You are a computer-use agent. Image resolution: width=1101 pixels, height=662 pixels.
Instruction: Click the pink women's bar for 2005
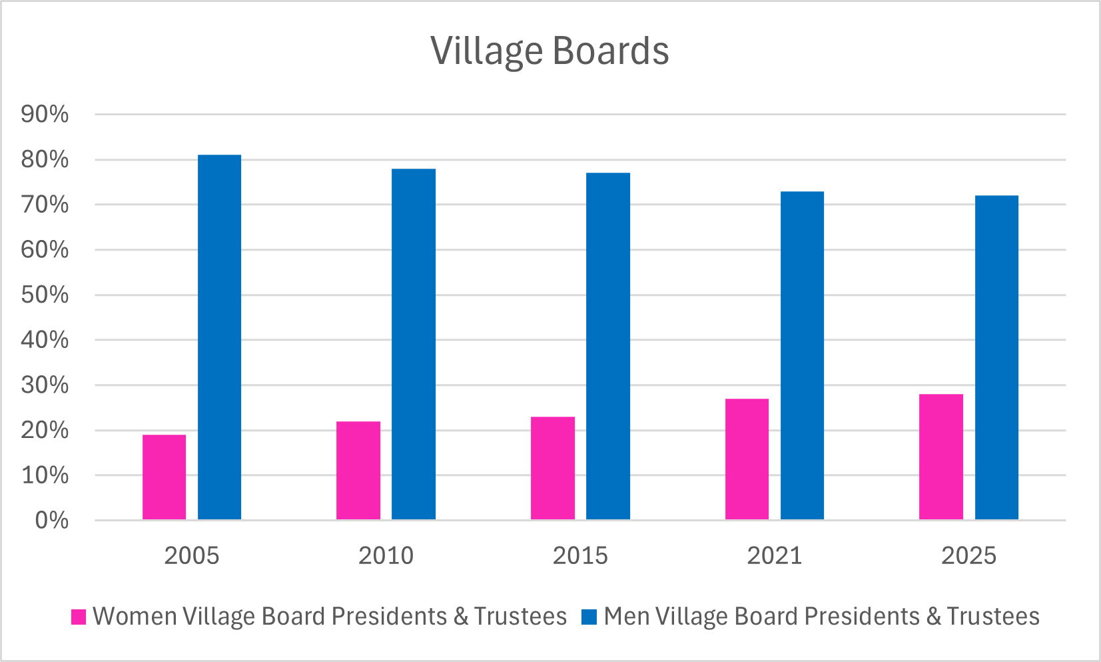click(164, 477)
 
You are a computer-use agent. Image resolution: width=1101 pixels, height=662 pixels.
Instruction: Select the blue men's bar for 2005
click(219, 337)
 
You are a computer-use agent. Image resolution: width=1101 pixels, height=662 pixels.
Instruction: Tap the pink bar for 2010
click(358, 471)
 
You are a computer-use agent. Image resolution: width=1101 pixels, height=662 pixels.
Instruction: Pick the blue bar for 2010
click(414, 344)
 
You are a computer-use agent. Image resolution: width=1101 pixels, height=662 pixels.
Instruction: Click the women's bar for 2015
click(553, 468)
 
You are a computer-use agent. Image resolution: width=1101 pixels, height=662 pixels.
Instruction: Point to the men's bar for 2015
click(608, 346)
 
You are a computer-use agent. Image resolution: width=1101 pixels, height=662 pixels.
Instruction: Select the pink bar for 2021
click(747, 459)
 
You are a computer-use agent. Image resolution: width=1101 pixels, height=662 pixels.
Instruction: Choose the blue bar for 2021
click(802, 355)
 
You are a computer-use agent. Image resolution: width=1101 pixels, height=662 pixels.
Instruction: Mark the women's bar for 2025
click(941, 457)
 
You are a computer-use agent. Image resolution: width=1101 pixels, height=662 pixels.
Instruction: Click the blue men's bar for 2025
click(996, 357)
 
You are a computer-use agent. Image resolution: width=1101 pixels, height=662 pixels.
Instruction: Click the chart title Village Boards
click(550, 51)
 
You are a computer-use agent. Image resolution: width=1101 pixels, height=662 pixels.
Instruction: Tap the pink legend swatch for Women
click(79, 617)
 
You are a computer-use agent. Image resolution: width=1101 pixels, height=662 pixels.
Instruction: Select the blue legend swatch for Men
click(589, 617)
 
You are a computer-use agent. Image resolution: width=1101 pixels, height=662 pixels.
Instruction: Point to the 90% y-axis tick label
click(45, 114)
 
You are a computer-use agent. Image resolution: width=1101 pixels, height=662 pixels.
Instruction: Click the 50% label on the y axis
click(45, 295)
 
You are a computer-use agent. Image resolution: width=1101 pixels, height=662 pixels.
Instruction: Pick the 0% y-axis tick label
click(51, 520)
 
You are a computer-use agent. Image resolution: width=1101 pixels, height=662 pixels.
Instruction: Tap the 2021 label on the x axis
click(774, 555)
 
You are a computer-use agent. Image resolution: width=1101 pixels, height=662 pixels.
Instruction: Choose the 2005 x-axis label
click(192, 555)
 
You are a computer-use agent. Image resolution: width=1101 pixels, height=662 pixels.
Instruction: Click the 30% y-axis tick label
click(45, 385)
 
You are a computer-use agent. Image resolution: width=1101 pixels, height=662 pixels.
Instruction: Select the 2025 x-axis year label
click(968, 555)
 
